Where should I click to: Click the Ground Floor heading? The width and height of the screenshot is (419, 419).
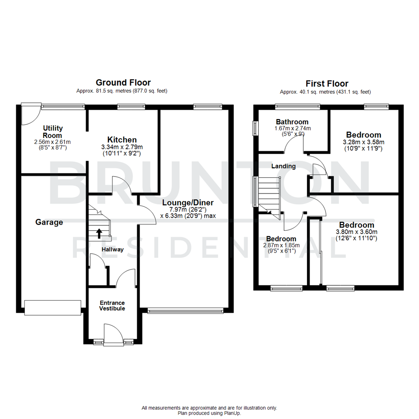123,82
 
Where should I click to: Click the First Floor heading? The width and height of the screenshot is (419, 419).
327,83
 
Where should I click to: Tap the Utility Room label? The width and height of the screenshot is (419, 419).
53,132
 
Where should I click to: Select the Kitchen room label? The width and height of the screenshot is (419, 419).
122,140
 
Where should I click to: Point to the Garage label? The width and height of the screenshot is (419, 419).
49,222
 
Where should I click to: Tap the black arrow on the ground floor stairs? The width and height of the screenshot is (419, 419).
99,233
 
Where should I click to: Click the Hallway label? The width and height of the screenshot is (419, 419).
113,249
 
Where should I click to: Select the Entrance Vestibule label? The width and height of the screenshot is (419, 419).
112,305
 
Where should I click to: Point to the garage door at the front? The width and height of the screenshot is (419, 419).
53,307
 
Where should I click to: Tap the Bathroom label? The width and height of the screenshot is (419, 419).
292,122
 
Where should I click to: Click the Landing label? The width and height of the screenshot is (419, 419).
283,166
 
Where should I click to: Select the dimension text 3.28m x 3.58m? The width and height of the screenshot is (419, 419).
364,142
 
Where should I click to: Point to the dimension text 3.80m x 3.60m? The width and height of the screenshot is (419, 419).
357,232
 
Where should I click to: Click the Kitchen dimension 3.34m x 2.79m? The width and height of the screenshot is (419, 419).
122,147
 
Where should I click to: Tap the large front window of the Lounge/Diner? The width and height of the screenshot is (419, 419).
185,310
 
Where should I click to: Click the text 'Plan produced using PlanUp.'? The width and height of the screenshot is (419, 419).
209,413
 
